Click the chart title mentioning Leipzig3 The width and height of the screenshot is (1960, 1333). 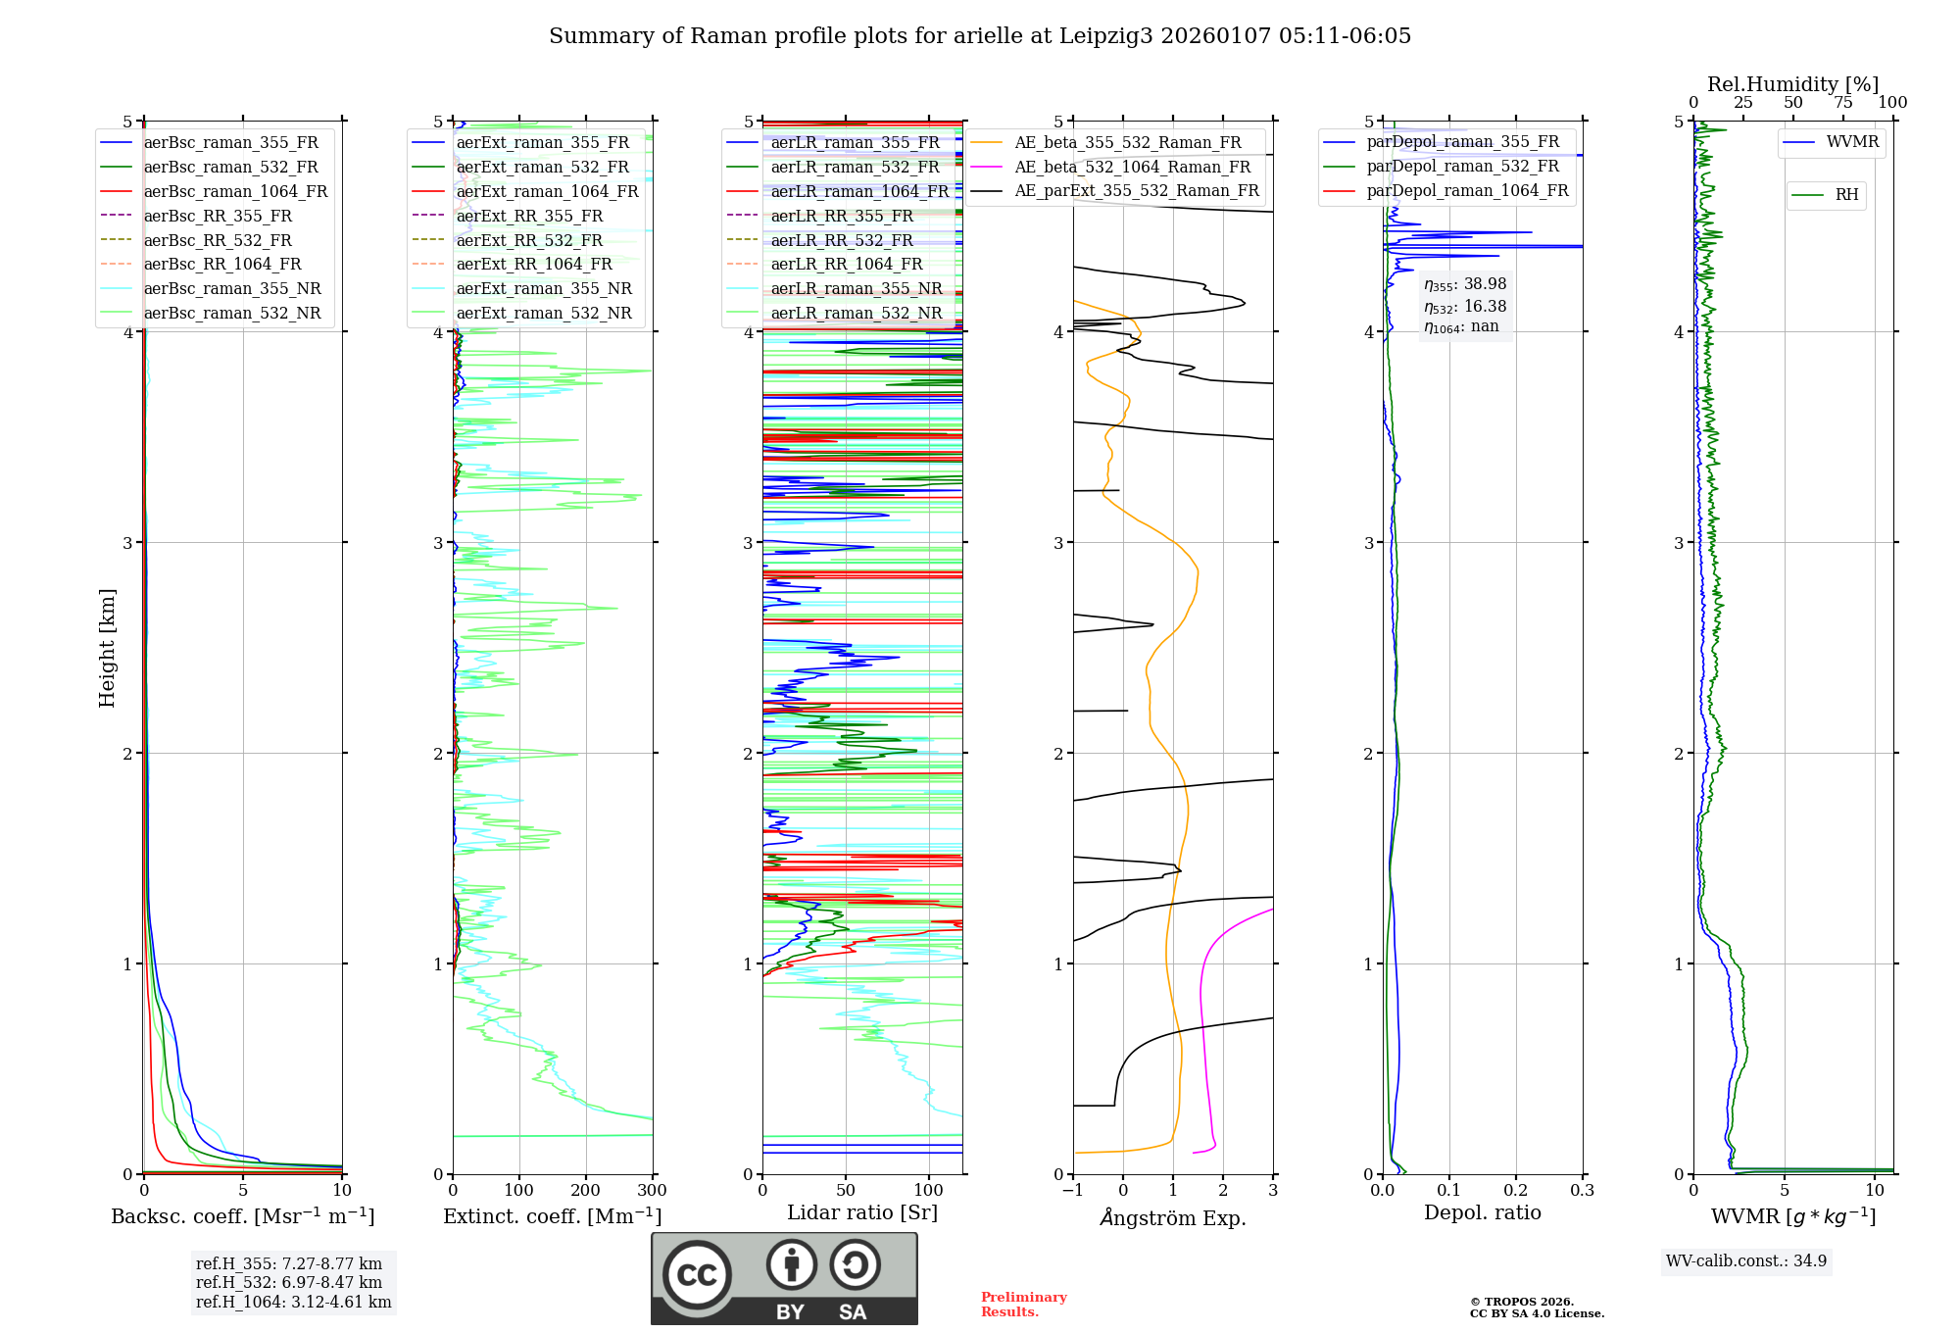coord(980,36)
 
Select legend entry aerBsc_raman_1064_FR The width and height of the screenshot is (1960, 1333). coord(235,191)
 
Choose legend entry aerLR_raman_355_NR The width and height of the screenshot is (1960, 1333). coord(856,288)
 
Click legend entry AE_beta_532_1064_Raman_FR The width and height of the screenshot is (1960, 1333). coord(1132,167)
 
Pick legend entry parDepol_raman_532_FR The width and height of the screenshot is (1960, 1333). coord(1462,166)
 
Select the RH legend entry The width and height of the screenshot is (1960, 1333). coord(1846,195)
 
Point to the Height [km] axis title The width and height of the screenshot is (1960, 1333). coord(107,648)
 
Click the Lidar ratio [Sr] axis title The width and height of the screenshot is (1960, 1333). coord(862,1212)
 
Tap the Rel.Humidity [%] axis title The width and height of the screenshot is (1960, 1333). coord(1792,84)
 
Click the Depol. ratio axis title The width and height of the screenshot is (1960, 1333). coord(1482,1212)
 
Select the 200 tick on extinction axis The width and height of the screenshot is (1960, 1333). coord(586,1190)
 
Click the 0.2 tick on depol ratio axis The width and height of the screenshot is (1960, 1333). coord(1516,1190)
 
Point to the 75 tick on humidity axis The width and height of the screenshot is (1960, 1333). coord(1843,103)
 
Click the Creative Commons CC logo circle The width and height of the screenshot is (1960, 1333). coord(697,1274)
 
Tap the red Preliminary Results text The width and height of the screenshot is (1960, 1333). coord(1023,1304)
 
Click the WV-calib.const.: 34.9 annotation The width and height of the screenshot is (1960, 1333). coord(1746,1260)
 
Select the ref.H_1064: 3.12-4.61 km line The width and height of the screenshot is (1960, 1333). coord(293,1302)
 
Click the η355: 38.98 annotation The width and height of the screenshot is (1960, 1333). coord(1465,284)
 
